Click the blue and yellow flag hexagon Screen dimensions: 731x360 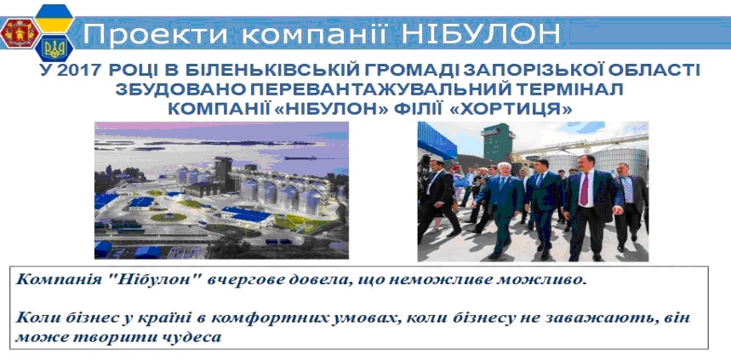54,18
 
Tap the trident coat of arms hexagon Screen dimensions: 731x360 54,49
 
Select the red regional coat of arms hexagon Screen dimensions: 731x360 20,32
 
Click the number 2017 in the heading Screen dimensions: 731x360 77,70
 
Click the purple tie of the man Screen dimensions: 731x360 584,189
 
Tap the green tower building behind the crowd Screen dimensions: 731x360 499,143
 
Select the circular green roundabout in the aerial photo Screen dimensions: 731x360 168,217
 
